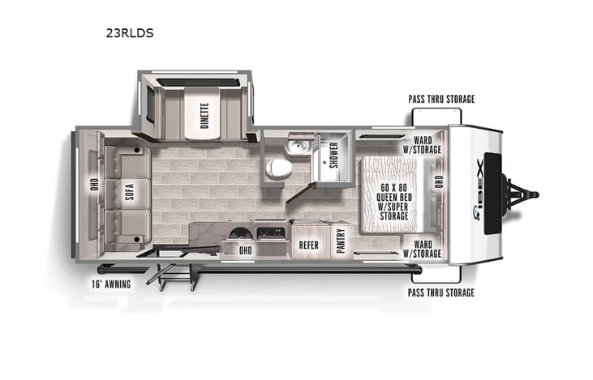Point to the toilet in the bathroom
pyautogui.click(x=279, y=169)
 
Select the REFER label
pyautogui.click(x=308, y=244)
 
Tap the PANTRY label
pyautogui.click(x=341, y=242)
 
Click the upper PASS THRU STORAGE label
pyautogui.click(x=441, y=99)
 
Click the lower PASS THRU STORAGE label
pyautogui.click(x=441, y=292)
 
